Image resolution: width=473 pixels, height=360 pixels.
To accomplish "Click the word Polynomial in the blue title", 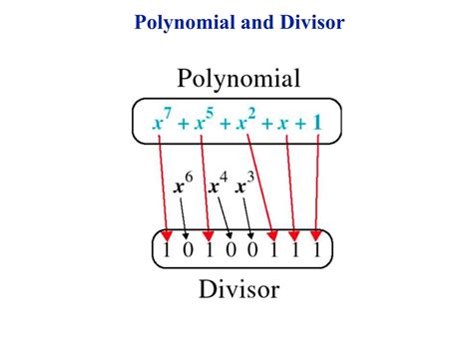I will click(x=183, y=22).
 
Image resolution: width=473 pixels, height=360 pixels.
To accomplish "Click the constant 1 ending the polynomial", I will click(x=316, y=125).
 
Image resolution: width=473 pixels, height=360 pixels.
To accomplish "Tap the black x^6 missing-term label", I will click(x=181, y=185).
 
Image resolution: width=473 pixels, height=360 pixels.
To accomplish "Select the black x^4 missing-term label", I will click(x=216, y=185).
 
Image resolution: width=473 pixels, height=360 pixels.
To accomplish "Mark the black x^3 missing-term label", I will click(x=243, y=185).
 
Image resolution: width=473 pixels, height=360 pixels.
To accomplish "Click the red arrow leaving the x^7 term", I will click(x=163, y=189).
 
